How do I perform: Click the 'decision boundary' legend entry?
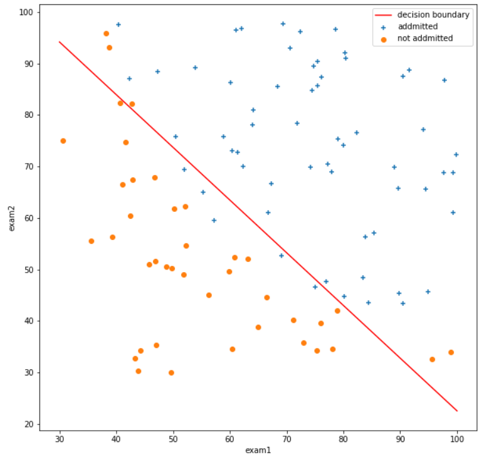(433, 15)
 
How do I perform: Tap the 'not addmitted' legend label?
(424, 39)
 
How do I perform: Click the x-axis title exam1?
(258, 449)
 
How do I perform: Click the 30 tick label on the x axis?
(60, 437)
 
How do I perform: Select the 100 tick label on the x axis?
(457, 437)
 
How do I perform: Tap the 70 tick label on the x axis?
(287, 437)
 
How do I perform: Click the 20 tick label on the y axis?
(28, 424)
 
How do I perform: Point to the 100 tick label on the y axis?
(26, 13)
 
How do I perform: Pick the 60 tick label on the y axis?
(28, 218)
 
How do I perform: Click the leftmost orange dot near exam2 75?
(63, 141)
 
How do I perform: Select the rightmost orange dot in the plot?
(451, 352)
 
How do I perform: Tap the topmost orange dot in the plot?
(106, 34)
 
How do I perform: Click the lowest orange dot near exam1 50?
(171, 372)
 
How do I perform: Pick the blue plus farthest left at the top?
(118, 24)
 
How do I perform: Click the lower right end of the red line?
(457, 411)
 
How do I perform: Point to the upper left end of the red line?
(60, 41)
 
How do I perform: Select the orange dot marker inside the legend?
(382, 39)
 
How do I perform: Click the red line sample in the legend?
(382, 15)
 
